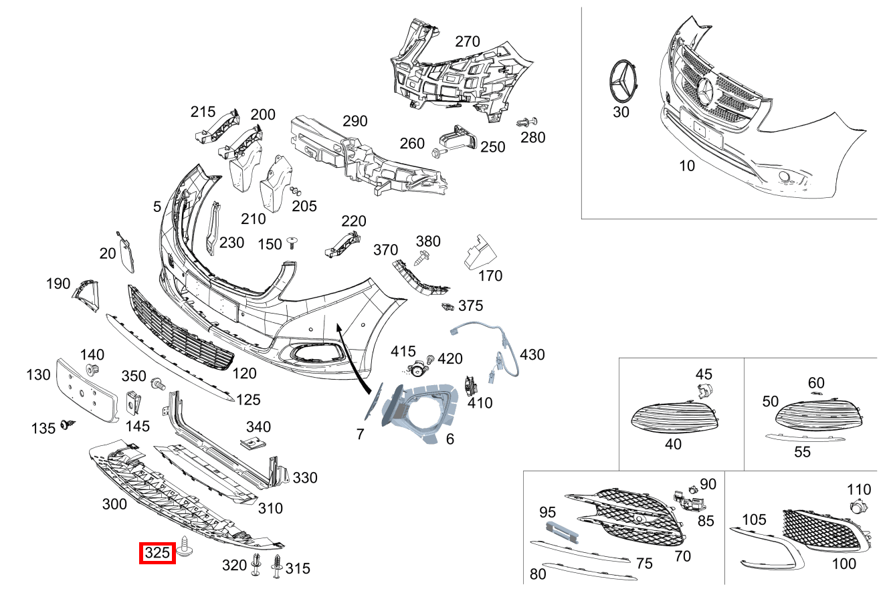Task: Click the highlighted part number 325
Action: coord(157,553)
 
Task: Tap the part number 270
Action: coord(468,41)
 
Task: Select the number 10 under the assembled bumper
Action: coord(687,166)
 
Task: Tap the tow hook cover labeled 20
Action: coord(125,252)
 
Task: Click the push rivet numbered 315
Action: coord(276,566)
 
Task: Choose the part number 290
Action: coord(355,122)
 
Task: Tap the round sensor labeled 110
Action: coord(857,507)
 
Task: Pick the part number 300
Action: coord(114,504)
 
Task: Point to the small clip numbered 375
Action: coord(448,307)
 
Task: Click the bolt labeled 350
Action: coord(159,384)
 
